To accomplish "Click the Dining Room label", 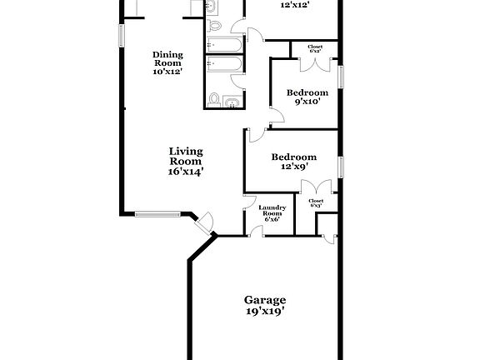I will (167, 59).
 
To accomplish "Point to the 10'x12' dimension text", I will (167, 72).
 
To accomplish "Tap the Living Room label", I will (186, 157).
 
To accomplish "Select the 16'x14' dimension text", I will (186, 172).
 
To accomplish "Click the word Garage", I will (265, 300).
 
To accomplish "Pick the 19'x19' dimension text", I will (265, 312).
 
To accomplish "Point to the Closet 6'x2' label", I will (315, 49).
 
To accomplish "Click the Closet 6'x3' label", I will (316, 203).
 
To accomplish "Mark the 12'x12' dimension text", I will (295, 4).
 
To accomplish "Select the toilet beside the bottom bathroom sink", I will (214, 101).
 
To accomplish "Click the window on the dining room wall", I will (122, 35).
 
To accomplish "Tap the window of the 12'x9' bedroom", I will (341, 166).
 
